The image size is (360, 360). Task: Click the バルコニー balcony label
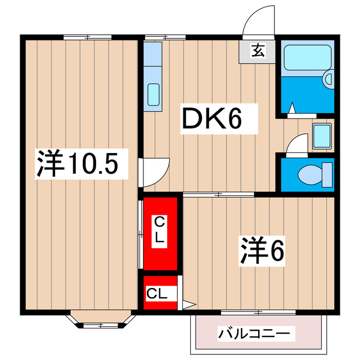coord(256,334)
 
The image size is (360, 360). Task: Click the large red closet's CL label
coord(160,229)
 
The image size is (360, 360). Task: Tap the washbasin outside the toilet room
coord(322,136)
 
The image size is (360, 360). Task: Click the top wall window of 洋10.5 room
coord(87,37)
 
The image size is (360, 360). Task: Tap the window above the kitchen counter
coord(164,37)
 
